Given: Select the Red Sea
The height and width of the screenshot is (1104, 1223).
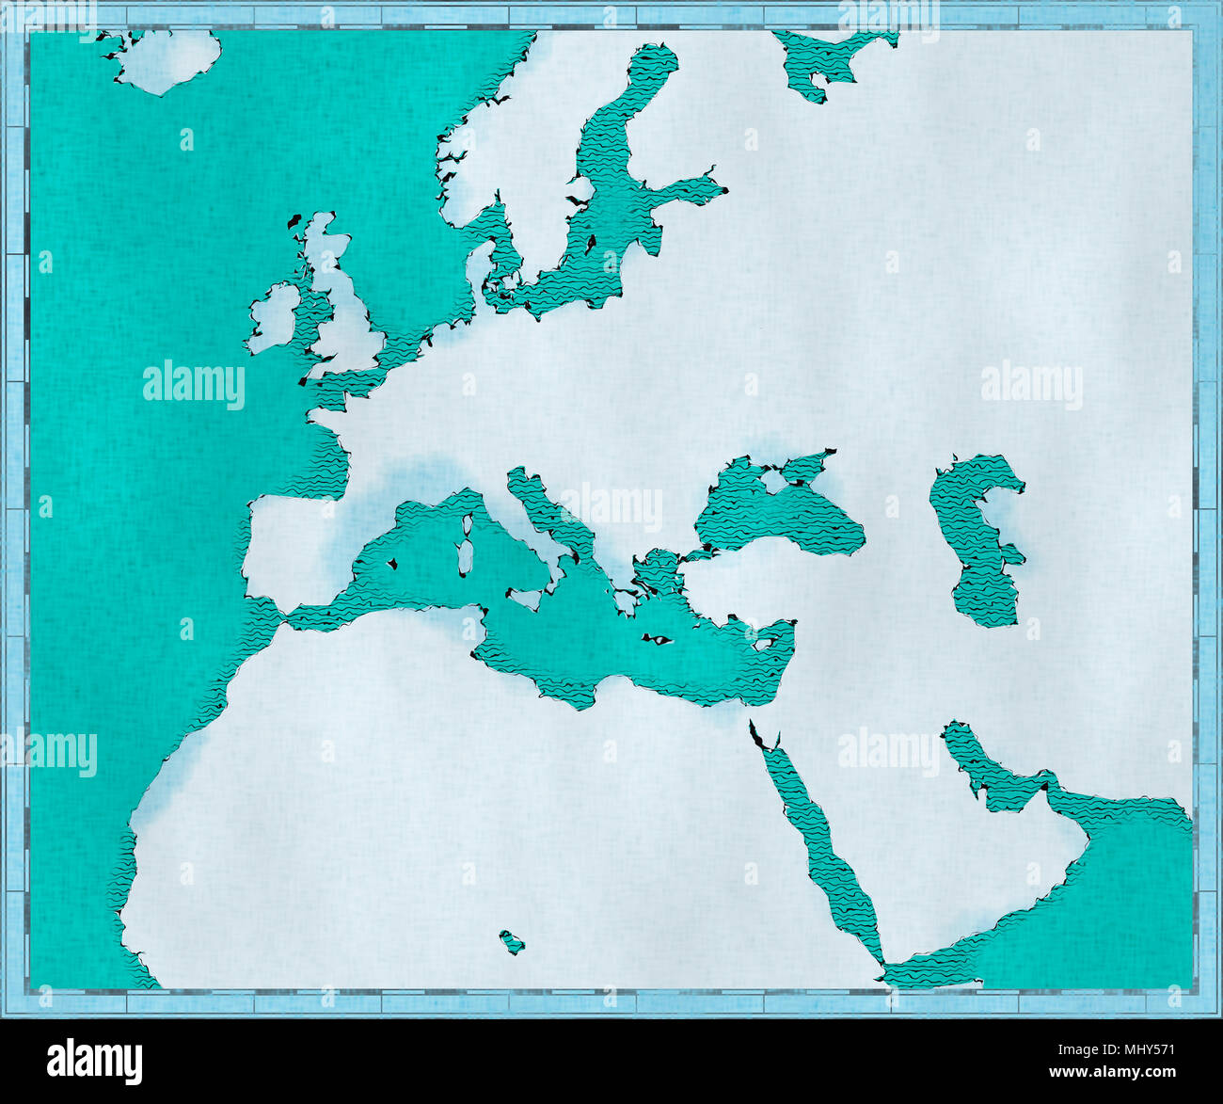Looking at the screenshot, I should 828,847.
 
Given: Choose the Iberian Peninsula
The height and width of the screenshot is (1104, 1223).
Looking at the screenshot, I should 292,546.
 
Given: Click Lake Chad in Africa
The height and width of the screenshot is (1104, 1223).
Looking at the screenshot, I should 512,941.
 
